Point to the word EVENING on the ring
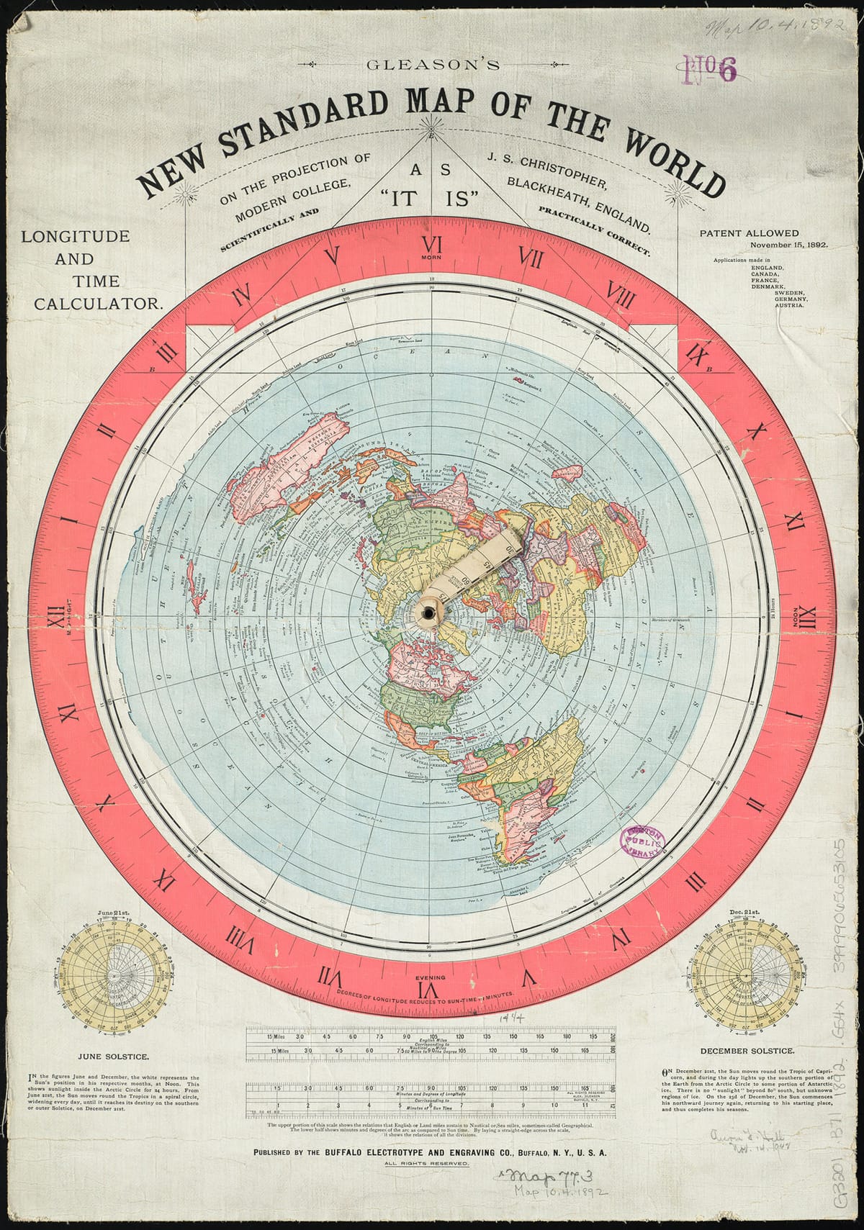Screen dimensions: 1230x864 click(431, 977)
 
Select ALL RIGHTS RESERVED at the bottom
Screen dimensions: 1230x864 click(431, 1163)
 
